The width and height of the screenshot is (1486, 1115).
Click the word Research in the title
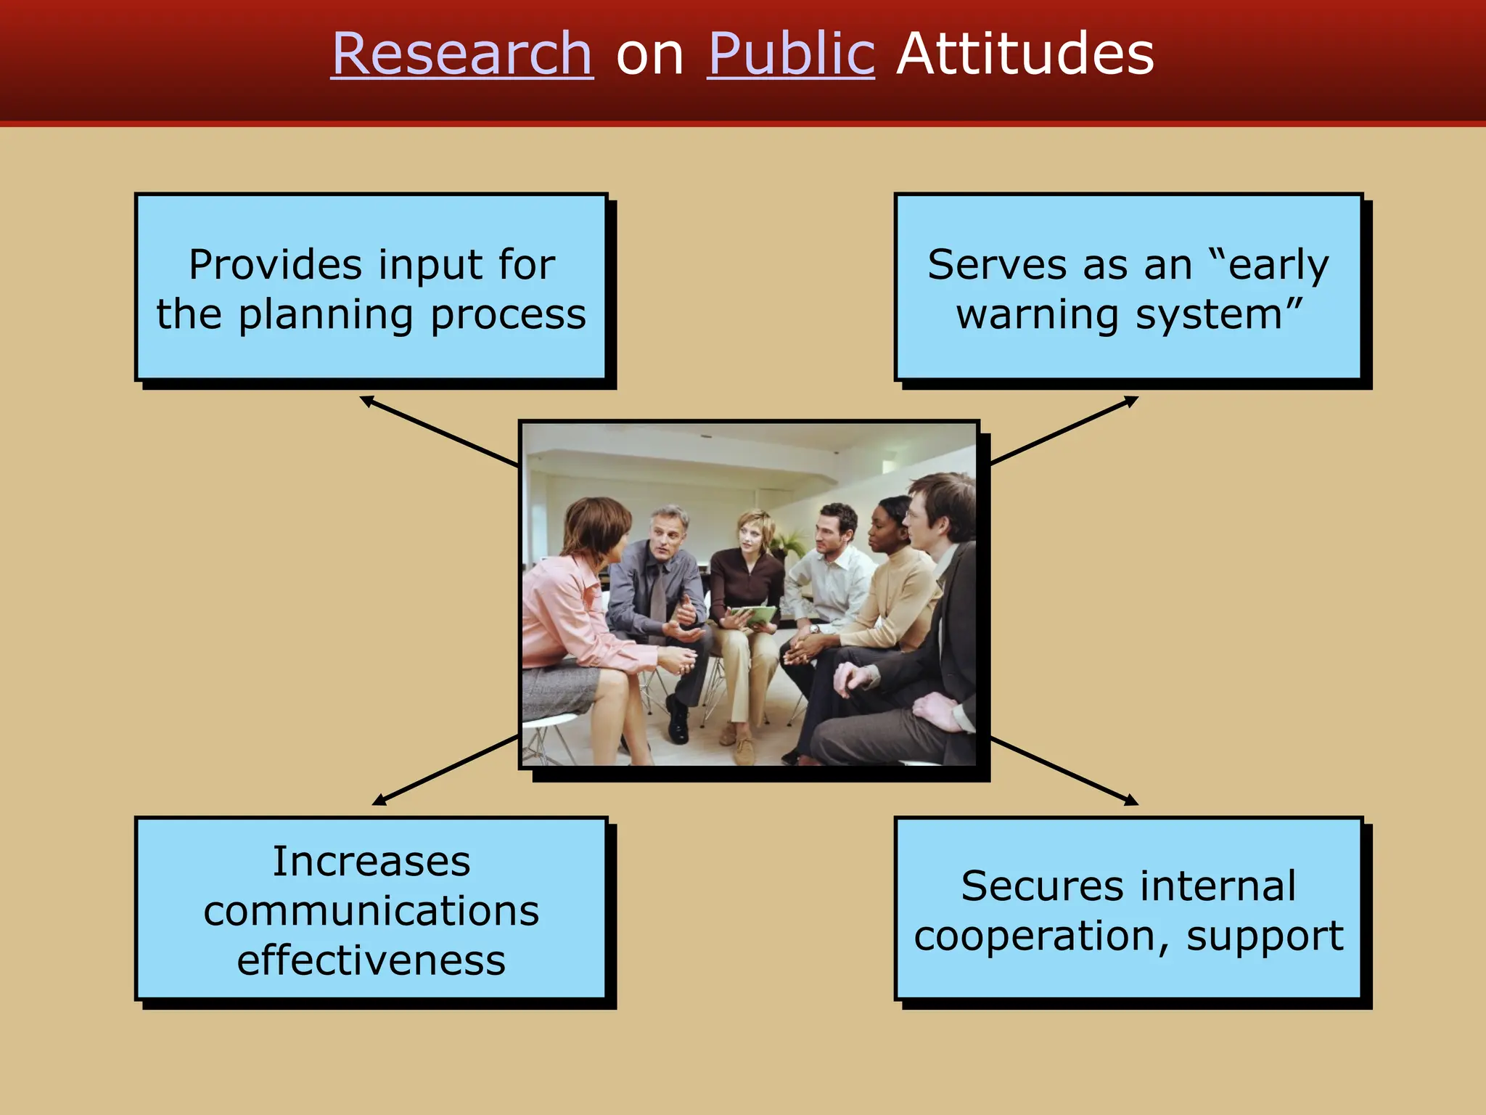point(462,54)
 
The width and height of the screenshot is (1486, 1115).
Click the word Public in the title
point(791,54)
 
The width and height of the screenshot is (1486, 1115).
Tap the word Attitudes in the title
point(1025,54)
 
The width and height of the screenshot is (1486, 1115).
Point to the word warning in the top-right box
point(1038,316)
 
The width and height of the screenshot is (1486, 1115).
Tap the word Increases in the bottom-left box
point(371,862)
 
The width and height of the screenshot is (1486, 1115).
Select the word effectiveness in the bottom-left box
point(371,960)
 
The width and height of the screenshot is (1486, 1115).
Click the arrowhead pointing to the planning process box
point(366,399)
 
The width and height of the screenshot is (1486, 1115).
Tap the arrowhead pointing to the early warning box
point(1132,399)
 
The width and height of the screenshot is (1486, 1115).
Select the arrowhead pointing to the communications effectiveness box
point(378,801)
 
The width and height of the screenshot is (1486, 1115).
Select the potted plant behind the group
point(787,541)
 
